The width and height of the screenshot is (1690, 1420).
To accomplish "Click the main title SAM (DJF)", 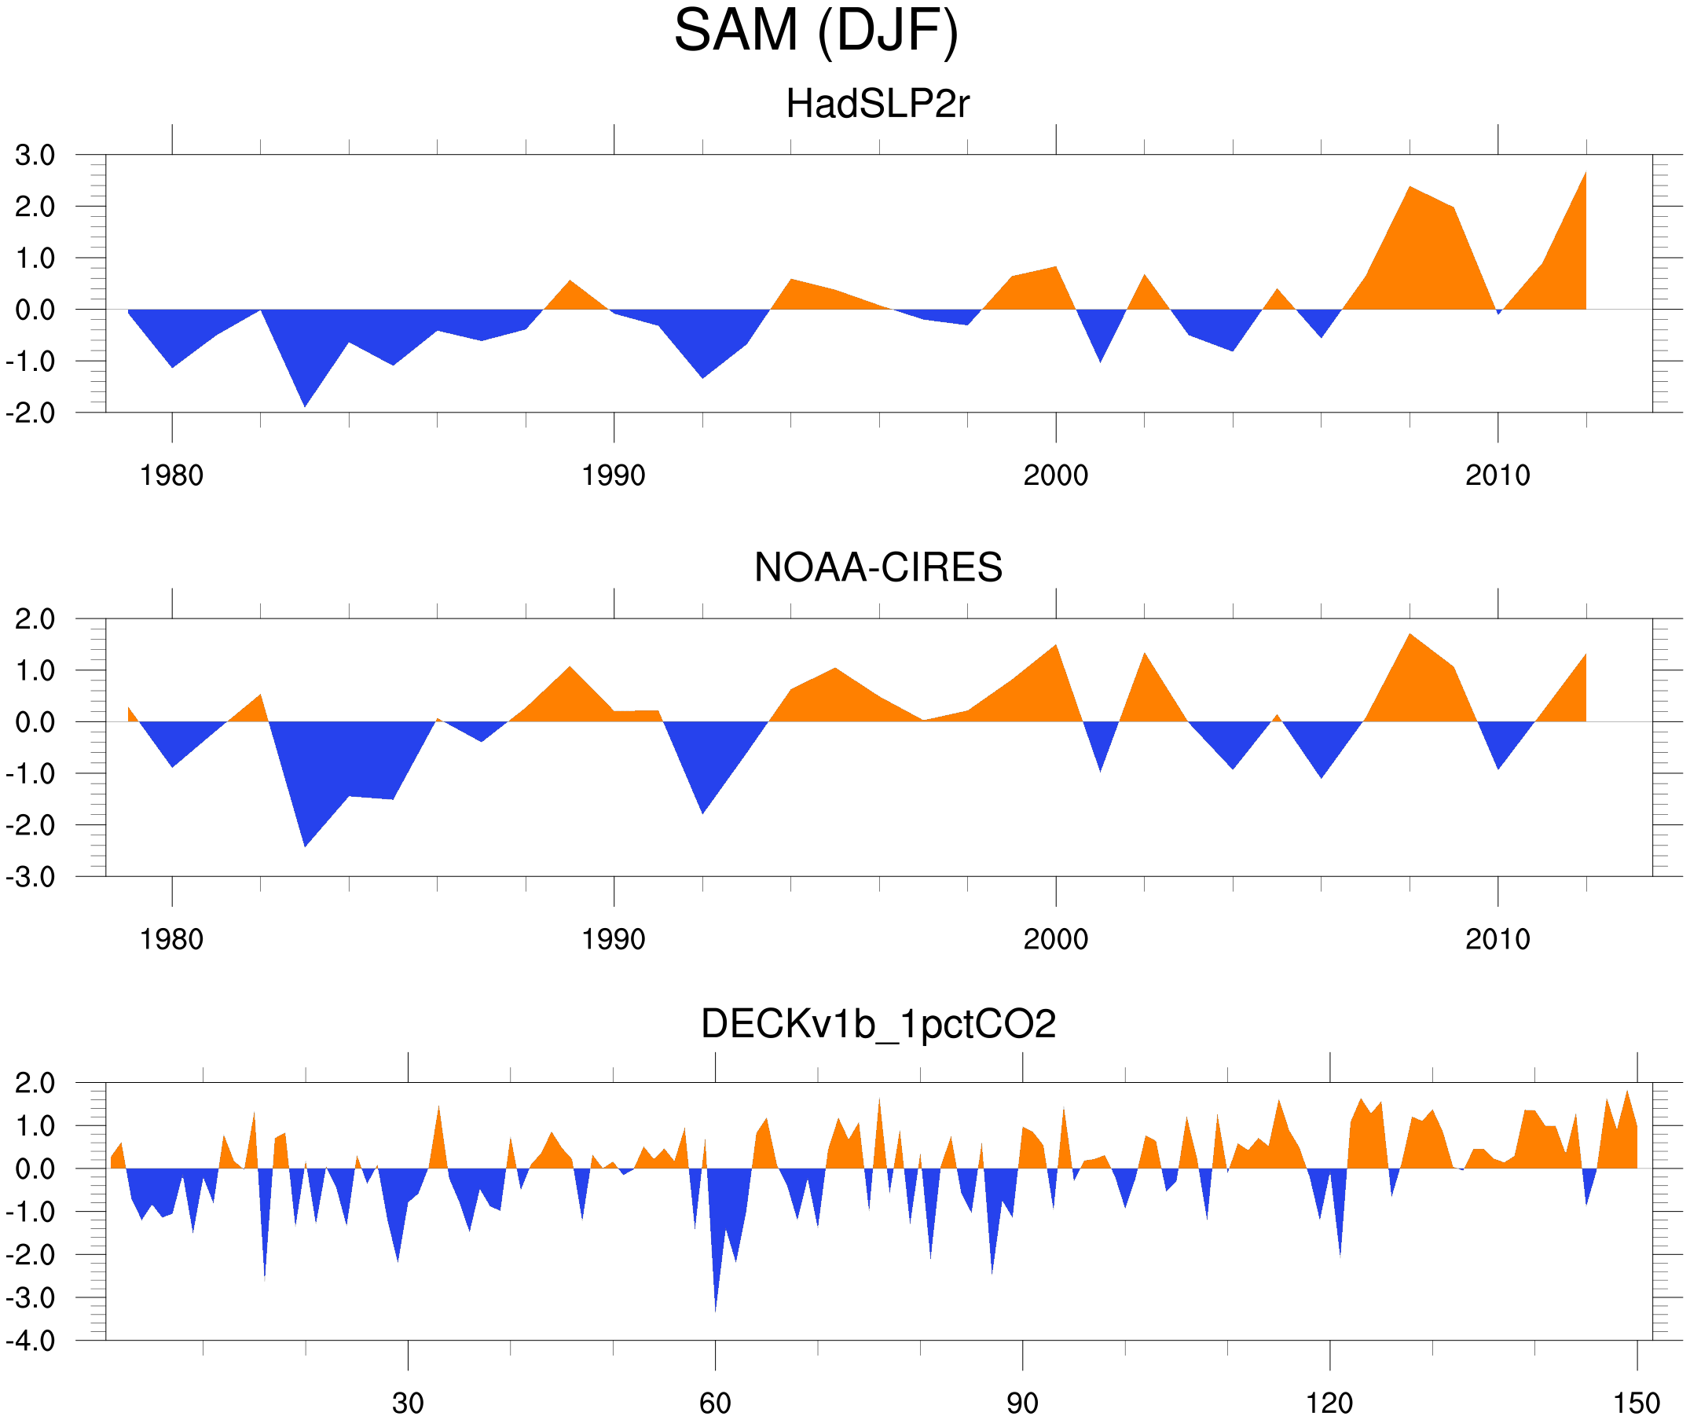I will tap(816, 31).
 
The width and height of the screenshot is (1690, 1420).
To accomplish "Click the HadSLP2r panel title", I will tap(877, 104).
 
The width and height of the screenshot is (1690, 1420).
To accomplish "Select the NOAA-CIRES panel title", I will tap(877, 567).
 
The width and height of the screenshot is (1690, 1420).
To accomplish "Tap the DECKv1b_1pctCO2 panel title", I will tap(877, 1024).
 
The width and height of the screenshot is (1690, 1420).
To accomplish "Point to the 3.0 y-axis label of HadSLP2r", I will tap(35, 156).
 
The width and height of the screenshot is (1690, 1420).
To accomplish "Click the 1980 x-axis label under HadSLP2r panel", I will tap(171, 475).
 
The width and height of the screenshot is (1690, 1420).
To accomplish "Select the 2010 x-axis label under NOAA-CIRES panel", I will tap(1497, 939).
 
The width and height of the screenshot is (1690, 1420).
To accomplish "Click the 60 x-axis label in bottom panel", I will tap(715, 1403).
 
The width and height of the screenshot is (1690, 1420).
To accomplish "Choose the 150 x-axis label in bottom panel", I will tap(1636, 1403).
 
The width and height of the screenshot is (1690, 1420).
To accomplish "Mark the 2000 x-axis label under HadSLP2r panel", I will tap(1055, 475).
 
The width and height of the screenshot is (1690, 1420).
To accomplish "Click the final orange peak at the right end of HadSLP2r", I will tap(1585, 173).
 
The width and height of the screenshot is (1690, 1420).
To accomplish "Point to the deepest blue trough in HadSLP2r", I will tap(304, 405).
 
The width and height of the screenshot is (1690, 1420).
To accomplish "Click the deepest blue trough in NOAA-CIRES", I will tap(304, 845).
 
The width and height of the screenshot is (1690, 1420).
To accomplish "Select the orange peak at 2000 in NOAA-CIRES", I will tap(1055, 647).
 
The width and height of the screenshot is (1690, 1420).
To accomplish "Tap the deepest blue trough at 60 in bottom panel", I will tap(716, 1309).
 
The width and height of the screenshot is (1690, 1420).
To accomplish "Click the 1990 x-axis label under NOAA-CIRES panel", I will tap(614, 939).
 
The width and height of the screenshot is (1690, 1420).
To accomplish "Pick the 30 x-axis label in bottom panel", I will tap(407, 1403).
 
